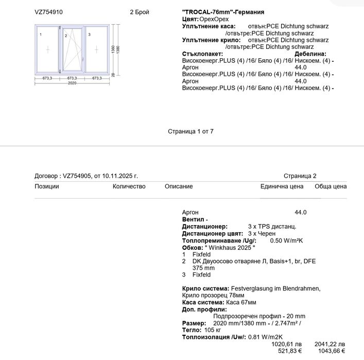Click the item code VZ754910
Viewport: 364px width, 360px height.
[x=49, y=12]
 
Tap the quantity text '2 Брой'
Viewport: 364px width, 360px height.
[x=139, y=12]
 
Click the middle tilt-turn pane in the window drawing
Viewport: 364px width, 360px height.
[x=72, y=50]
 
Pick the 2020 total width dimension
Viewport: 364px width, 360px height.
[x=72, y=83]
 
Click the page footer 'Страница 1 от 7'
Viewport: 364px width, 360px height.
[x=190, y=131]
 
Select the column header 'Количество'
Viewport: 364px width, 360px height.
[x=129, y=186]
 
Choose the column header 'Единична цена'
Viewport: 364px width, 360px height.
[x=282, y=186]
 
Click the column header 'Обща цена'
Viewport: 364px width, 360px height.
[x=331, y=186]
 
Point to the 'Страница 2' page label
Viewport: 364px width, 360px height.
[x=300, y=176]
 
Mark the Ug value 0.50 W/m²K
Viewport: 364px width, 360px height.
[x=286, y=241]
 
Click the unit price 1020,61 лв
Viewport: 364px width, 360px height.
[x=287, y=344]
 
